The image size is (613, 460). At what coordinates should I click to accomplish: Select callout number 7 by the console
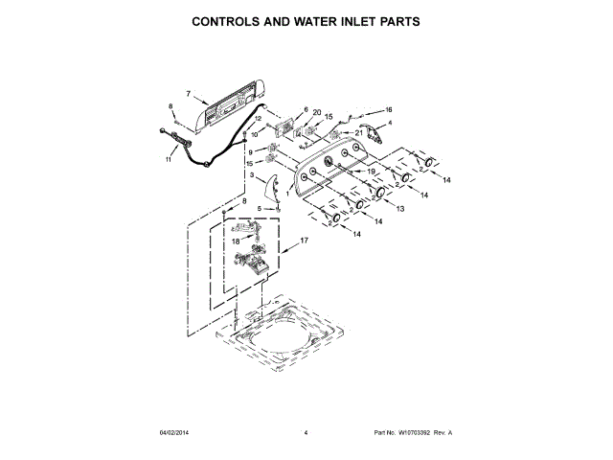(x=189, y=94)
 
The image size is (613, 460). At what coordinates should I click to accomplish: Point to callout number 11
(x=169, y=160)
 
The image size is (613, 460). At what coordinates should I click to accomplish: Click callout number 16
(x=389, y=109)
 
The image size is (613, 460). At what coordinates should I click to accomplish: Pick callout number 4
(x=390, y=123)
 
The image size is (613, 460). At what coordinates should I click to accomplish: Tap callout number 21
(x=359, y=133)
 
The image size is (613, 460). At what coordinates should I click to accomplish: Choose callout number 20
(x=316, y=112)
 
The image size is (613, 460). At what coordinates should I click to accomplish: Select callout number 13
(x=400, y=209)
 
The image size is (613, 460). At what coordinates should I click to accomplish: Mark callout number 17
(x=305, y=241)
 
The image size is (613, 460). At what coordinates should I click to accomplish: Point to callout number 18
(x=235, y=242)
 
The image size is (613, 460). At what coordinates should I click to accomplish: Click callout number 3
(x=252, y=175)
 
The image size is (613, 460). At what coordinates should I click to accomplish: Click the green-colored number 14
(x=445, y=180)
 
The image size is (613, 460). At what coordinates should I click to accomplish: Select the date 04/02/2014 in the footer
(x=174, y=434)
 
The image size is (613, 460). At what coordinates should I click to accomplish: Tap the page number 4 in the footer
(x=306, y=434)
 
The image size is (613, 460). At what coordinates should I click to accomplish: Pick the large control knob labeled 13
(x=379, y=195)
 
